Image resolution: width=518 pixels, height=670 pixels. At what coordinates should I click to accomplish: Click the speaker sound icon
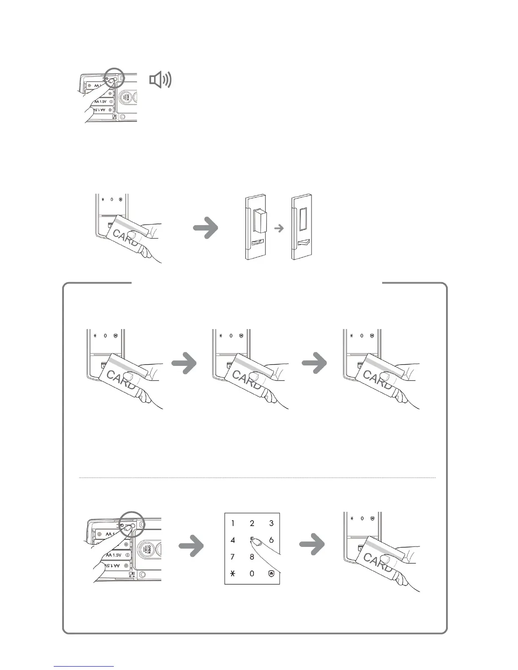tap(161, 80)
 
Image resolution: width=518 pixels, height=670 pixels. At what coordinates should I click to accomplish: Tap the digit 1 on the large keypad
tap(233, 523)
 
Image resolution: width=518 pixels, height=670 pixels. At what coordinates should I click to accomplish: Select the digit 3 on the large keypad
tap(272, 523)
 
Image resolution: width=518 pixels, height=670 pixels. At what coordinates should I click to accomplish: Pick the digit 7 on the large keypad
tap(233, 557)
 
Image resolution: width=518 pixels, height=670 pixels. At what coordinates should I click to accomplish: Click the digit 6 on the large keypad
tap(271, 540)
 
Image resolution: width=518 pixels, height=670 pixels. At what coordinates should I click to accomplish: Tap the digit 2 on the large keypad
tap(252, 523)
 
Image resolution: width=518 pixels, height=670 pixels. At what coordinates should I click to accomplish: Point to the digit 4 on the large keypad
tap(233, 540)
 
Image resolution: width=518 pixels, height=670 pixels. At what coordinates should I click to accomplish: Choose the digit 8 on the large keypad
tap(252, 557)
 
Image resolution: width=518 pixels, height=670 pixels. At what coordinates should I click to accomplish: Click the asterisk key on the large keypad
tap(232, 574)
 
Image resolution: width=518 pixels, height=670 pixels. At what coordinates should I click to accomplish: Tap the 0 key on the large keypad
tap(252, 574)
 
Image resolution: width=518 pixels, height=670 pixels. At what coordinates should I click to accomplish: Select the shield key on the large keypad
tap(271, 574)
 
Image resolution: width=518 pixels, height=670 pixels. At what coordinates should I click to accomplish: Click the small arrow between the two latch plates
tap(278, 228)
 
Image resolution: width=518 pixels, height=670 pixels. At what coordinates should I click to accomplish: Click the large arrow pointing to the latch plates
tap(206, 228)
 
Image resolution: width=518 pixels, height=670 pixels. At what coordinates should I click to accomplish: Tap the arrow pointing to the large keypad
tap(191, 546)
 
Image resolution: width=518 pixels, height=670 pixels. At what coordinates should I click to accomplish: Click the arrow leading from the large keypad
tap(312, 546)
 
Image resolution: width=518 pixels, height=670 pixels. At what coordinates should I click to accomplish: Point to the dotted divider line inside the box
tap(257, 478)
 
